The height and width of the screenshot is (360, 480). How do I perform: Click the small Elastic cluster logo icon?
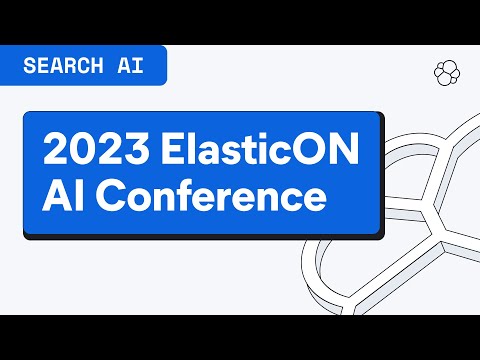tap(446, 72)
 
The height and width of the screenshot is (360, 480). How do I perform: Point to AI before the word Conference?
tap(62, 196)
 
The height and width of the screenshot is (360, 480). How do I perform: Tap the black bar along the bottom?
tap(240, 337)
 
